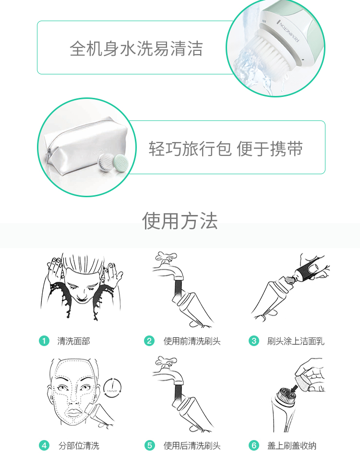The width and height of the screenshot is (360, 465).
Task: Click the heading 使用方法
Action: (x=180, y=221)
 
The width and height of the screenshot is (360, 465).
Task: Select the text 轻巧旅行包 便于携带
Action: (x=226, y=149)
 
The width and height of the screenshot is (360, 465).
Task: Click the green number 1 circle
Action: (x=44, y=341)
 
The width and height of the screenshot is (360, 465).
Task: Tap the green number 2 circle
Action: (x=150, y=341)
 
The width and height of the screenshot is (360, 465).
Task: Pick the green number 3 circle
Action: (x=254, y=341)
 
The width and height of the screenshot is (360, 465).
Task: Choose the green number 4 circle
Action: (x=44, y=446)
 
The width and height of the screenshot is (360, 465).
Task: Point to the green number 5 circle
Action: (x=150, y=446)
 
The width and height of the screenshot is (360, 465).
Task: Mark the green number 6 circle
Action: (x=254, y=446)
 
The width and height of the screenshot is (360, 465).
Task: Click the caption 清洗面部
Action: (x=73, y=341)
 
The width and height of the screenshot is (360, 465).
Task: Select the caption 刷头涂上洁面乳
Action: (x=296, y=341)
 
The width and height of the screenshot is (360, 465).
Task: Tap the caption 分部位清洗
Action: (x=79, y=446)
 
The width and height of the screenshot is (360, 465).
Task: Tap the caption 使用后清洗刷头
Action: (x=192, y=446)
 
